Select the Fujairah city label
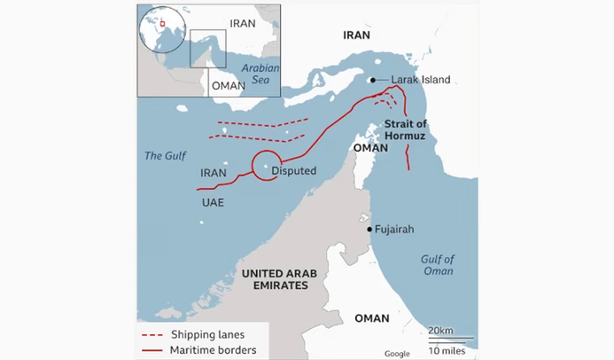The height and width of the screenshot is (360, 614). click(x=394, y=230)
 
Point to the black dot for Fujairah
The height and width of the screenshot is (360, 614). click(x=369, y=230)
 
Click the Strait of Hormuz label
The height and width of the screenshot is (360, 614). click(x=406, y=130)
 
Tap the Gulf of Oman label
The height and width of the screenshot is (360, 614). click(x=438, y=265)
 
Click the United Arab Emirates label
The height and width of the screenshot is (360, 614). click(x=275, y=280)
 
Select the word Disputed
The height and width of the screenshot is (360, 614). click(x=293, y=170)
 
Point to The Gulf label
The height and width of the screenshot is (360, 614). click(x=166, y=156)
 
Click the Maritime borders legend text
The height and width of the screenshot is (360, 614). click(x=213, y=350)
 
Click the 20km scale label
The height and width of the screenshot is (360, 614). click(x=440, y=331)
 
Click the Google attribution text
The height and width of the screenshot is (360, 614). click(x=397, y=354)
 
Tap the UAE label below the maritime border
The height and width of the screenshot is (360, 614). click(x=213, y=202)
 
